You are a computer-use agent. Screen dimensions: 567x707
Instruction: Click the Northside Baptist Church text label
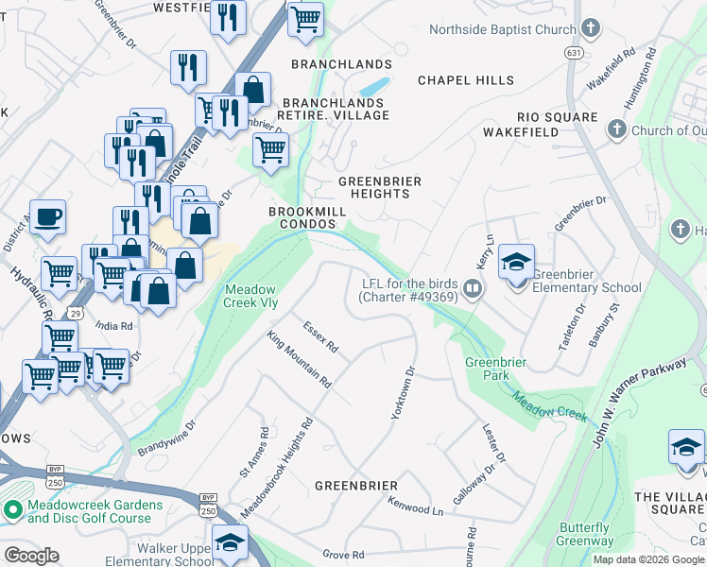tap(502, 29)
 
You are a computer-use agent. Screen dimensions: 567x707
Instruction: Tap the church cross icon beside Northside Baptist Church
tap(592, 28)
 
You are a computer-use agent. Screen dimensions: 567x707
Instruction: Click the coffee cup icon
tap(47, 216)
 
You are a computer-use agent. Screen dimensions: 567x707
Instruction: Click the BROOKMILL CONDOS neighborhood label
tap(302, 217)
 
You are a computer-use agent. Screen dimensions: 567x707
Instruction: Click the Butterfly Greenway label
tap(584, 534)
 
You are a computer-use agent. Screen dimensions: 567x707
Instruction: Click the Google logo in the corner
tap(31, 555)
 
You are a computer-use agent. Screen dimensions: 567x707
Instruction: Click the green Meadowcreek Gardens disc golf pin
tap(12, 511)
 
